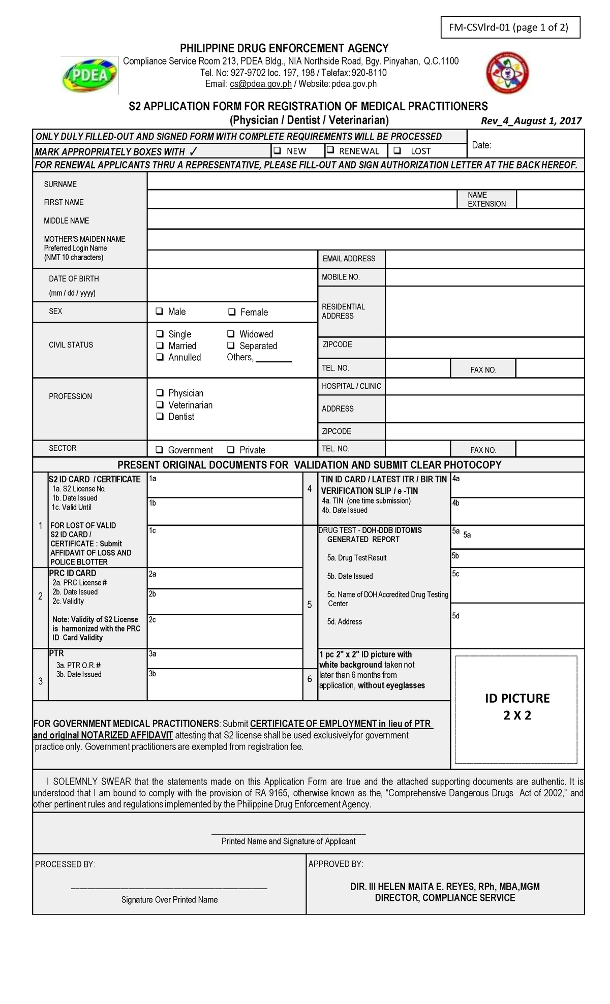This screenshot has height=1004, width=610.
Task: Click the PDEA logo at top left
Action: coord(89,75)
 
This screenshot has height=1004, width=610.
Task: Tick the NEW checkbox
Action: coord(278,150)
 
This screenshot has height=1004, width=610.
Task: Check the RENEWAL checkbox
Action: coord(330,150)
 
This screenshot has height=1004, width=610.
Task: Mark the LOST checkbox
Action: coord(398,150)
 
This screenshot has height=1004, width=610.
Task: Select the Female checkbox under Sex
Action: coord(232,311)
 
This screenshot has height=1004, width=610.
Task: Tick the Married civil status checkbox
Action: coord(160,346)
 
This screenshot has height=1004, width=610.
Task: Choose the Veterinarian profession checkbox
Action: coord(160,404)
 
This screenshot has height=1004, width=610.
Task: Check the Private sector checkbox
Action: coord(231,449)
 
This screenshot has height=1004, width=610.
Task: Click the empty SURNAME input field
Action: coord(365,181)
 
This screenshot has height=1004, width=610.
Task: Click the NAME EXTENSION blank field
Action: coord(550,199)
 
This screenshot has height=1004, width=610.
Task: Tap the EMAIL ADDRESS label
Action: coord(349,259)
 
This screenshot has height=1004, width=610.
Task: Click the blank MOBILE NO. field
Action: coord(484,277)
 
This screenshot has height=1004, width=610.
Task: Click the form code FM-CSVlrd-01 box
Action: coord(509,27)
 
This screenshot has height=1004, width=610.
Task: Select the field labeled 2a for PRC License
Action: coord(225,578)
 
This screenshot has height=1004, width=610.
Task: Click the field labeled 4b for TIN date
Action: coord(517,511)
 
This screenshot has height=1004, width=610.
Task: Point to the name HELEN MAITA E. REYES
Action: coord(445,887)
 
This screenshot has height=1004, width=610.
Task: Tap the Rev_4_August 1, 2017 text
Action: coord(531,120)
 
